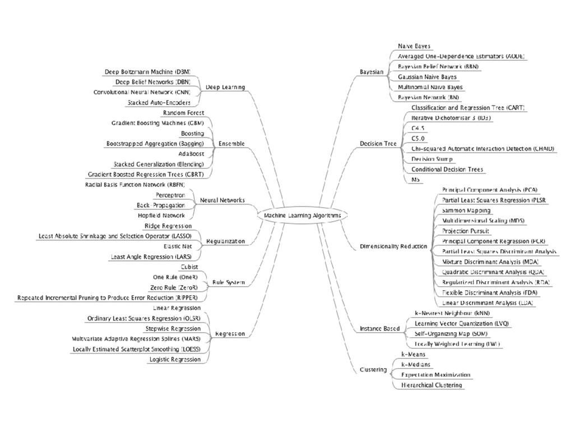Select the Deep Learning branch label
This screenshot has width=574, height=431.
click(x=225, y=88)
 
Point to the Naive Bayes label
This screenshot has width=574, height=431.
click(x=414, y=46)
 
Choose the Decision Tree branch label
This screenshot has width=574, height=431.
click(x=378, y=144)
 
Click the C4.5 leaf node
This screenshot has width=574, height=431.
click(x=418, y=128)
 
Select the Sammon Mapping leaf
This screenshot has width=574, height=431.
click(x=466, y=210)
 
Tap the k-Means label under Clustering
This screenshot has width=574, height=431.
click(x=413, y=354)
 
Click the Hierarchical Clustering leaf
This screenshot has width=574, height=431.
click(x=432, y=385)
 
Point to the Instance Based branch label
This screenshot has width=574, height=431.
click(x=379, y=328)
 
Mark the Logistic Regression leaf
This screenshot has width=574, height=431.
click(x=175, y=359)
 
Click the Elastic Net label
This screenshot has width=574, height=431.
click(x=178, y=246)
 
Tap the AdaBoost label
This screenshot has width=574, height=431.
click(x=191, y=154)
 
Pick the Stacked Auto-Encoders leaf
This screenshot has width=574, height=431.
click(x=159, y=103)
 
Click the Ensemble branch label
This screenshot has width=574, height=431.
click(x=231, y=144)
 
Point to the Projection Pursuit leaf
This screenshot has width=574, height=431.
click(x=465, y=231)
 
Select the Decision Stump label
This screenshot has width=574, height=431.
click(x=432, y=159)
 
